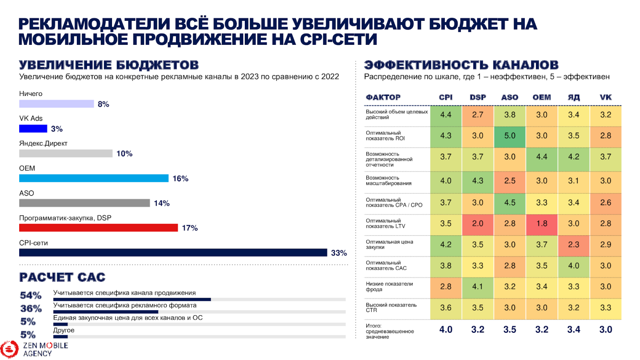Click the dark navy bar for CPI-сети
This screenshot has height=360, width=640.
pyautogui.click(x=173, y=253)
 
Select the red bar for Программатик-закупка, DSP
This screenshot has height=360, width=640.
pyautogui.click(x=98, y=228)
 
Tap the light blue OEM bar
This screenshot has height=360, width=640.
pyautogui.click(x=94, y=178)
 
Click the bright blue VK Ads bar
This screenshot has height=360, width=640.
pyautogui.click(x=33, y=129)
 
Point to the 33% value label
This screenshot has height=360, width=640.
pyautogui.click(x=339, y=253)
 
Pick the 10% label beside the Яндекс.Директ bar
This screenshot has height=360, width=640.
pyautogui.click(x=124, y=154)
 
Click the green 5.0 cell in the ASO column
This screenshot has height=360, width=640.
pyautogui.click(x=510, y=136)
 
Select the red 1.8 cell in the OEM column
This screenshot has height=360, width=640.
pyautogui.click(x=542, y=224)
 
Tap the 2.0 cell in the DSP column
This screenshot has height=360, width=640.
pyautogui.click(x=478, y=224)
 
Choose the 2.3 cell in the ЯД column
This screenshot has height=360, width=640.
pyautogui.click(x=574, y=244)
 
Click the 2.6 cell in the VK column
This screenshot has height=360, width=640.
pyautogui.click(x=606, y=203)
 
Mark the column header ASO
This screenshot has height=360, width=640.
pyautogui.click(x=510, y=97)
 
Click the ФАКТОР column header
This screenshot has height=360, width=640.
pyautogui.click(x=383, y=97)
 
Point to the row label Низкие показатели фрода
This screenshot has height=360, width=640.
pyautogui.click(x=389, y=286)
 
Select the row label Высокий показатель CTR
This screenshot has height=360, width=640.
pyautogui.click(x=391, y=307)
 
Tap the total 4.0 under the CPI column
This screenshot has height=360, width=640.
pyautogui.click(x=446, y=330)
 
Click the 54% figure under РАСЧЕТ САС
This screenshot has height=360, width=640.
pyautogui.click(x=31, y=296)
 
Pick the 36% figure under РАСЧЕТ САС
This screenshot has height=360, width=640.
pyautogui.click(x=31, y=308)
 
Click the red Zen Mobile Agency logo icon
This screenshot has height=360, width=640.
pyautogui.click(x=9, y=349)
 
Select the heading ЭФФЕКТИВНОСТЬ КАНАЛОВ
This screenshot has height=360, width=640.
pyautogui.click(x=461, y=65)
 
